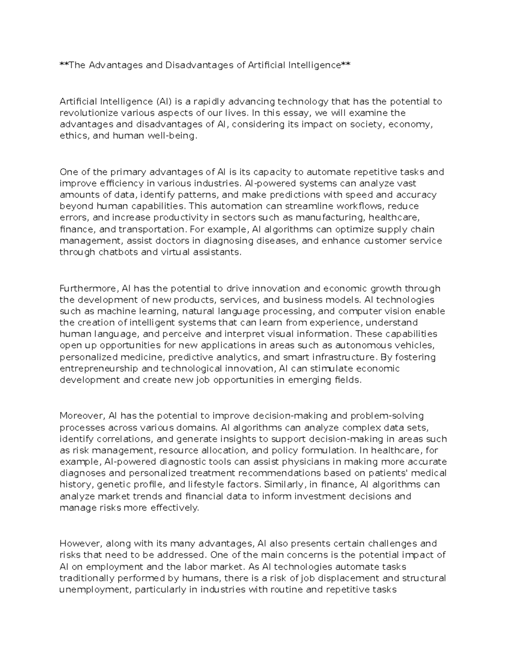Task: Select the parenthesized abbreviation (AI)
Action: tap(163, 102)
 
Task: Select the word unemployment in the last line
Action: tap(95, 589)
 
